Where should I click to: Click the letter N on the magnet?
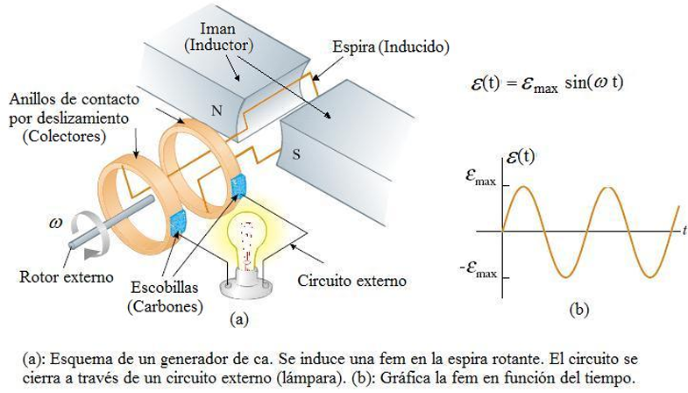[216, 111]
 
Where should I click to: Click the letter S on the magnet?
[296, 154]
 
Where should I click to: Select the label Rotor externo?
[67, 277]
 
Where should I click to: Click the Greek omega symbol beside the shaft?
[56, 223]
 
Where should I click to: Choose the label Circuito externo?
[352, 281]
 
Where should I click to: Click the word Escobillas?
[165, 287]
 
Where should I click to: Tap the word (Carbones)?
[165, 306]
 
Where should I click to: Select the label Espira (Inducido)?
[391, 46]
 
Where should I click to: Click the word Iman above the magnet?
[217, 29]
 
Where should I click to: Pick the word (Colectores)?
[65, 136]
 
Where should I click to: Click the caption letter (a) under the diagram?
[239, 318]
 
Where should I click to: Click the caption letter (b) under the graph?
[578, 310]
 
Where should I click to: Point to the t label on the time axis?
[684, 230]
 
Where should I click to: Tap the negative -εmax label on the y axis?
[479, 268]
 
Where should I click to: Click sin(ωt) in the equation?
[594, 82]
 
